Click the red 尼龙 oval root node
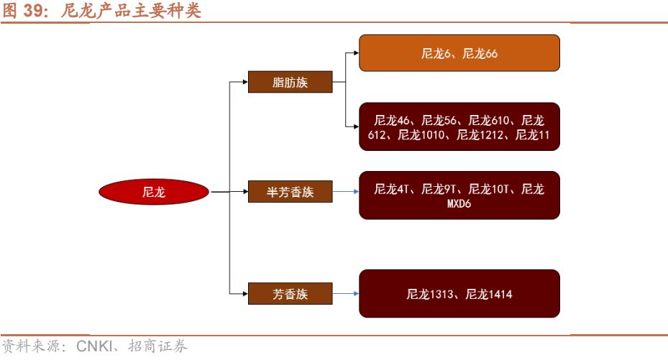click(154, 193)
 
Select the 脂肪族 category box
click(290, 82)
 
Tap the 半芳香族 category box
click(290, 192)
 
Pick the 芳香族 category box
click(290, 293)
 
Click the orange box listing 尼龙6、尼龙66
click(459, 53)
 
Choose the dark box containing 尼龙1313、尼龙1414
click(459, 293)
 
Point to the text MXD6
click(459, 203)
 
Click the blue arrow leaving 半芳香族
click(346, 192)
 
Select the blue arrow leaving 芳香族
click(346, 293)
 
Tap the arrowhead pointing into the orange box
click(354, 53)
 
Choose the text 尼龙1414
click(489, 293)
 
